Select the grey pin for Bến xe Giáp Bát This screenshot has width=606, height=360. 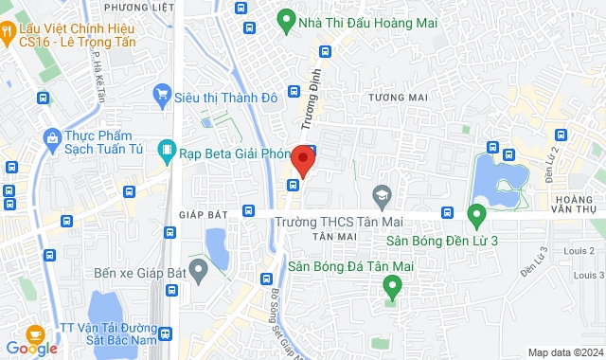[198, 272]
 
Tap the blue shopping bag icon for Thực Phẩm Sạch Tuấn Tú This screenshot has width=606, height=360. [50, 140]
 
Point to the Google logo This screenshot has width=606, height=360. [30, 349]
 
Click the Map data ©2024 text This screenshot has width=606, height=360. [564, 352]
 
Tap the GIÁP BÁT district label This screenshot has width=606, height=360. [198, 215]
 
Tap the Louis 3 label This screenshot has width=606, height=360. [589, 275]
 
